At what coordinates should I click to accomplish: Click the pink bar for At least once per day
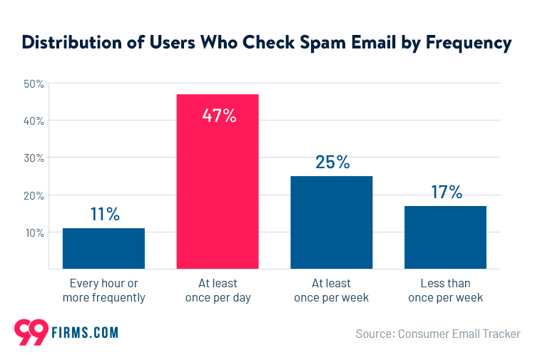218,182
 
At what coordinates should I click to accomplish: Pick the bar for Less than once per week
445,237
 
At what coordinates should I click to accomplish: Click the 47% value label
218,115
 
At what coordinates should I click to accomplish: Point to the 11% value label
104,214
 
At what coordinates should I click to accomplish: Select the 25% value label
332,162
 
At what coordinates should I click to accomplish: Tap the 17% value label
446,192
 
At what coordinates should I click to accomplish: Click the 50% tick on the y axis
34,84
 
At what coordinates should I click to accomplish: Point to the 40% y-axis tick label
34,121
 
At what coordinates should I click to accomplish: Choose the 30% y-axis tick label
34,158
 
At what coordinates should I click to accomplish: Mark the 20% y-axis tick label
34,195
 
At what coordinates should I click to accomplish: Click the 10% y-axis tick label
34,232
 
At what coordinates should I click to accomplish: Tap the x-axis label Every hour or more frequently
104,290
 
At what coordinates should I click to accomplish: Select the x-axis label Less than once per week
446,290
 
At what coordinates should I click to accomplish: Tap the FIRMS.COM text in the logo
83,333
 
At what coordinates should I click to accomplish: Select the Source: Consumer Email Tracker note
438,334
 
